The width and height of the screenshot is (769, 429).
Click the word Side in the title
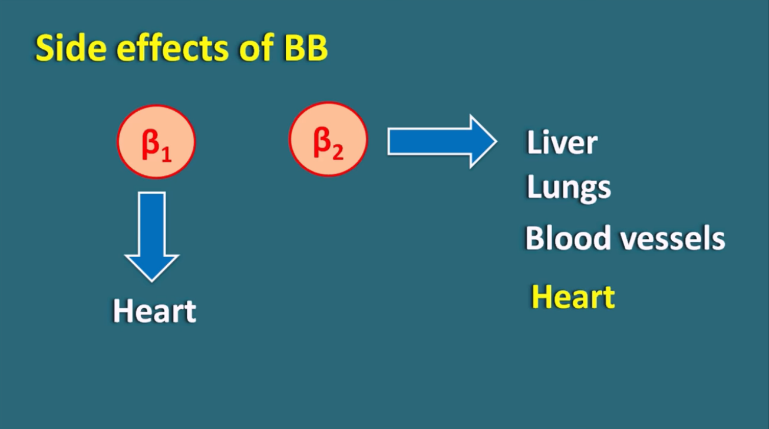tap(71, 48)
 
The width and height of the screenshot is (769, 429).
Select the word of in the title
tap(256, 48)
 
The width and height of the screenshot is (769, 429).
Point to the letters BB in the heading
tap(306, 48)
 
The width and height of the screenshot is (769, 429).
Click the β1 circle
tap(156, 142)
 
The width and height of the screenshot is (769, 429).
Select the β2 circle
tap(328, 139)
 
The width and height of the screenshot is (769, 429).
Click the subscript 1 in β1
tap(167, 154)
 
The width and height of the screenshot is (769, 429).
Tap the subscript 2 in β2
tap(338, 152)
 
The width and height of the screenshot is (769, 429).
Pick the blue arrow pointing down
tap(152, 237)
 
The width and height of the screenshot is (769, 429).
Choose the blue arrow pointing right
tap(442, 141)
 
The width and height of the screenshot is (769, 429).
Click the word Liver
tap(562, 142)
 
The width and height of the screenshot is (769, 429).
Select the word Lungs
tap(569, 188)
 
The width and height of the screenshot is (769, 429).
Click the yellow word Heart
tap(573, 297)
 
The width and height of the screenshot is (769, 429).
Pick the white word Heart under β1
tap(154, 311)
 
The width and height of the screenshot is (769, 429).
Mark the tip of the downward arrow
tap(152, 281)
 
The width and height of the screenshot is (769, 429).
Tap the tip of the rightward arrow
tap(496, 141)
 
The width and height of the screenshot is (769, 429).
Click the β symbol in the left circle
tap(150, 144)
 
